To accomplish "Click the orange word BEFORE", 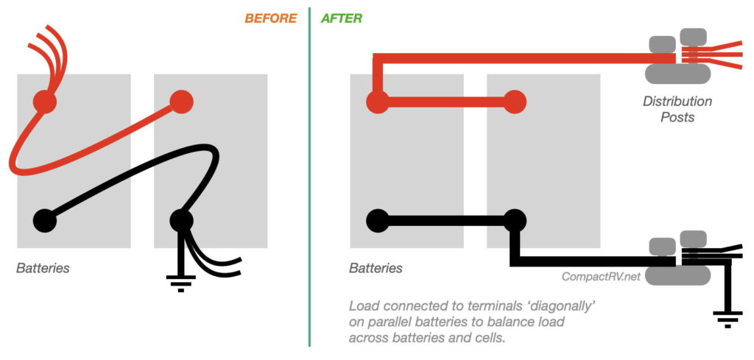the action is point(271,18).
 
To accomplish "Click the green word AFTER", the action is point(342,18).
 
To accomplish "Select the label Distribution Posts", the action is point(677,109).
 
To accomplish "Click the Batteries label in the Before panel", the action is point(43,268).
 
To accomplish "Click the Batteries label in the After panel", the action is point(376,268).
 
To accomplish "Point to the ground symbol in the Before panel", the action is point(181,283).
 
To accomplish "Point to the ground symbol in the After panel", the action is point(727,320).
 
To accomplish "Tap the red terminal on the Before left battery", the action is point(45,102).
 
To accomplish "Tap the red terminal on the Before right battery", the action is point(181,102).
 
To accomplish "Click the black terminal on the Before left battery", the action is point(45,221).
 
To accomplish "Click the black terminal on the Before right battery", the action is point(181,221).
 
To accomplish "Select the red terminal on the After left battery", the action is point(378,102).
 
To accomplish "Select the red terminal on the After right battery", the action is point(515,102).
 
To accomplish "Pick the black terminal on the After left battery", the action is point(378,221).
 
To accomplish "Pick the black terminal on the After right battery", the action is point(515,221).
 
